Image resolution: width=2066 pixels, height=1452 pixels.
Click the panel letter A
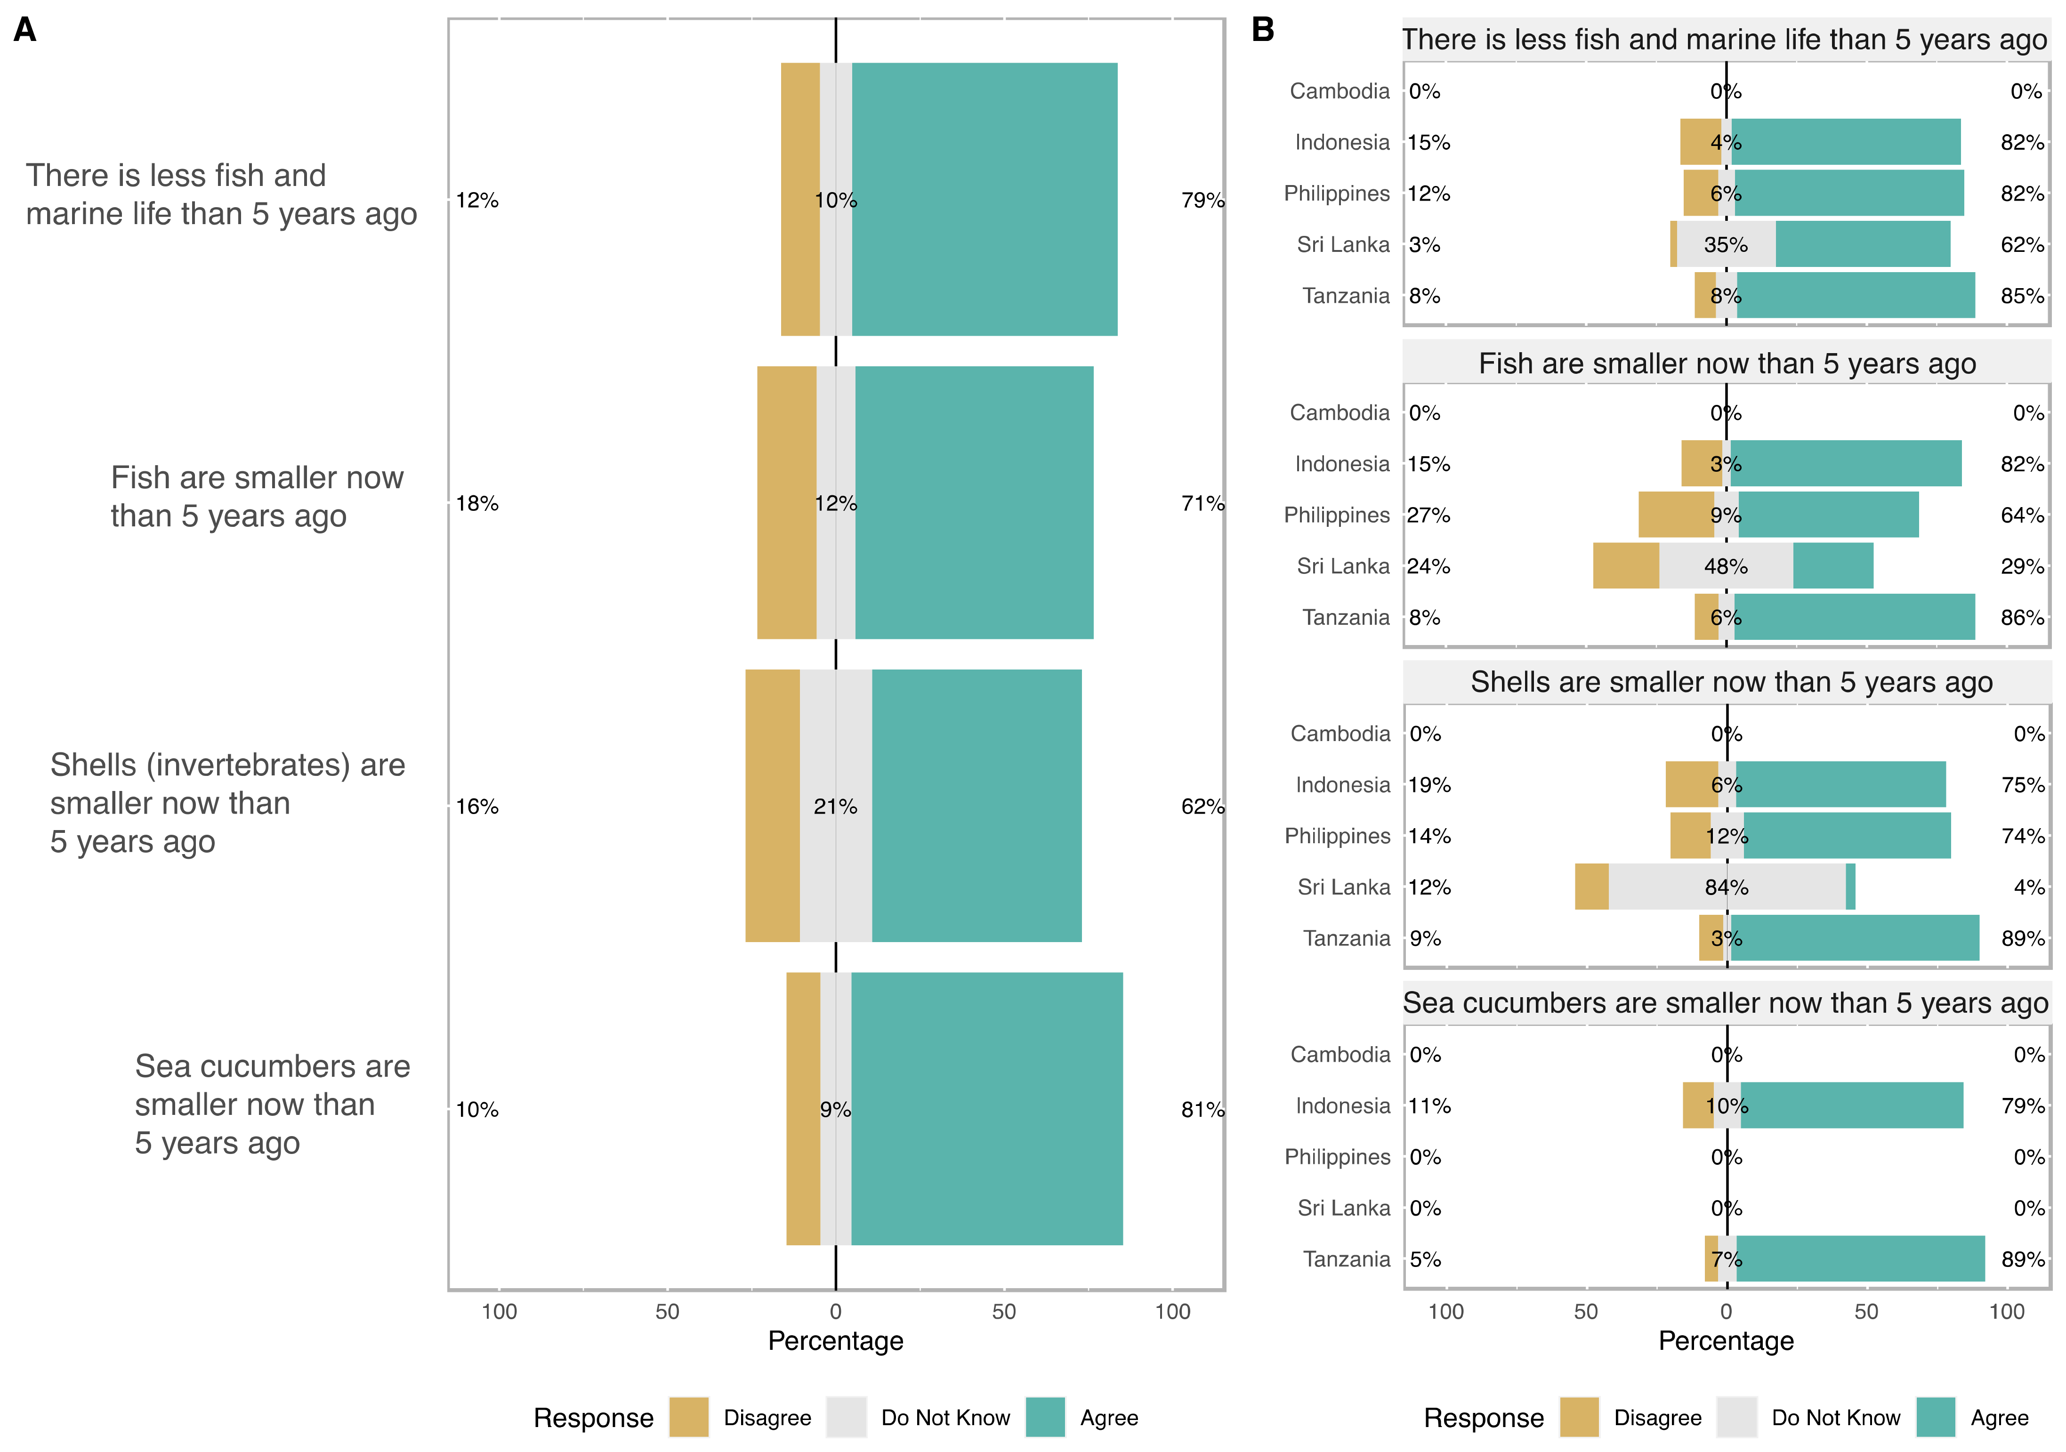coord(25,30)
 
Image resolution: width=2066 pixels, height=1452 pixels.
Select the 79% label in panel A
coord(1202,201)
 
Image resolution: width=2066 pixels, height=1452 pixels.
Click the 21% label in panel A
coord(835,807)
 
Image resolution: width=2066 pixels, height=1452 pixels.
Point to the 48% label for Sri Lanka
coord(1726,567)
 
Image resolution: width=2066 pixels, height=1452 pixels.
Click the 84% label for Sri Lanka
coord(1726,888)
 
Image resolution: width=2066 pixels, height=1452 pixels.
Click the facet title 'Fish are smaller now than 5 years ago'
coord(1727,363)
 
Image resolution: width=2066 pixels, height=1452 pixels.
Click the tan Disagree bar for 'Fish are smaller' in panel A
coord(786,503)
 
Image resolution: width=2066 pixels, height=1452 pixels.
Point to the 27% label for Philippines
coord(1429,516)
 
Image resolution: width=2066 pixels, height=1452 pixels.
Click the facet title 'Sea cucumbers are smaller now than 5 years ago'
coord(1725,1003)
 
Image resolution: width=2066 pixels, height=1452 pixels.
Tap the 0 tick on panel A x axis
coord(835,1312)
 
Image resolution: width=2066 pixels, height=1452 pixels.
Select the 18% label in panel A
coord(477,504)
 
